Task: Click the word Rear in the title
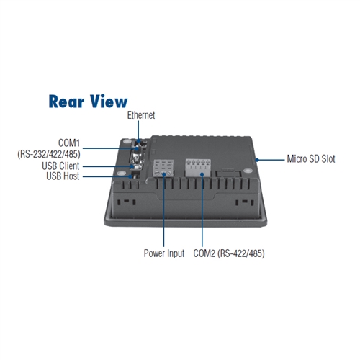click(x=66, y=102)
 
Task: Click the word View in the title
click(x=109, y=102)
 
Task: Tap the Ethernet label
click(x=141, y=115)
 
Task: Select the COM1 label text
click(x=69, y=143)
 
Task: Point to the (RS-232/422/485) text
click(x=49, y=154)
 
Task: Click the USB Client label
click(x=60, y=166)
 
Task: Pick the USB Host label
click(x=63, y=176)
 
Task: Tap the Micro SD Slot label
click(x=311, y=159)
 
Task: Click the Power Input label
click(x=164, y=253)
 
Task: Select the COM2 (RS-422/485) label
click(x=229, y=253)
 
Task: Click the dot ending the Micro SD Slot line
click(x=257, y=160)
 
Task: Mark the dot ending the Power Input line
click(x=164, y=174)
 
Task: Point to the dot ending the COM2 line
click(x=202, y=174)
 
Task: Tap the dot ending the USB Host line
click(x=130, y=176)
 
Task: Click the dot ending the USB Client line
click(x=132, y=166)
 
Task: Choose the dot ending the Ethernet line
click(x=138, y=141)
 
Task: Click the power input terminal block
click(x=163, y=168)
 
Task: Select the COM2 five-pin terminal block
click(x=198, y=168)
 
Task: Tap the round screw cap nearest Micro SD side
click(x=248, y=171)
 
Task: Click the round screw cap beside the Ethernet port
click(x=127, y=141)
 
